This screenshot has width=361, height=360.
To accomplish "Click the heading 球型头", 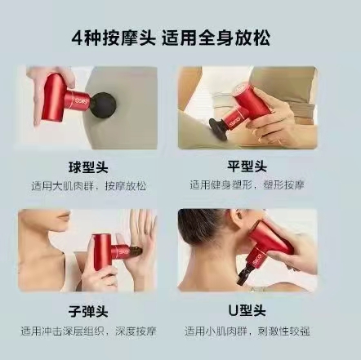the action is (88, 167).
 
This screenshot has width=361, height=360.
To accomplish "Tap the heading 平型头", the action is (247, 166).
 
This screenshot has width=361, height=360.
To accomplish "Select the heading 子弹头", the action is (88, 312).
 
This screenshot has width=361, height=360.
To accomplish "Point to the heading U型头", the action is (247, 311).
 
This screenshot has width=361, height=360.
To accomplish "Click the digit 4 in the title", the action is (77, 38).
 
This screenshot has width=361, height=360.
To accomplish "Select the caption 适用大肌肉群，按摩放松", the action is (88, 186).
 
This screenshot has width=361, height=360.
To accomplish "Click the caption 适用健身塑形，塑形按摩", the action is (247, 185).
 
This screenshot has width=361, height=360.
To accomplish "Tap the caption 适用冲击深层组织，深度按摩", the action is (88, 331).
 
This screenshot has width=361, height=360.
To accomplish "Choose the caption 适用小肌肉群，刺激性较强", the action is (247, 331).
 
